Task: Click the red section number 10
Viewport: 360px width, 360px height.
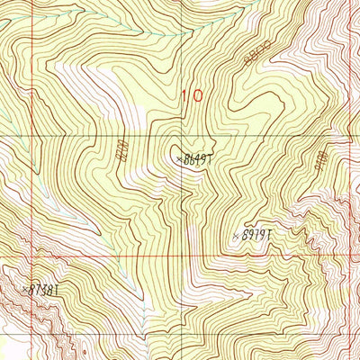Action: (x=192, y=94)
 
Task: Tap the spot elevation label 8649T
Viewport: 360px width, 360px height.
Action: (x=197, y=158)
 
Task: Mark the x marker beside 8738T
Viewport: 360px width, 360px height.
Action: (x=22, y=289)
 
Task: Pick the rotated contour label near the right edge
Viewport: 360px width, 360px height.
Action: (x=321, y=159)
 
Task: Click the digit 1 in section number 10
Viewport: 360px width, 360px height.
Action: (x=185, y=94)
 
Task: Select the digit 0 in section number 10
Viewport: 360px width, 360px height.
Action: (x=197, y=94)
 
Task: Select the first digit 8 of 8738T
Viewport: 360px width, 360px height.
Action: (x=32, y=290)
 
